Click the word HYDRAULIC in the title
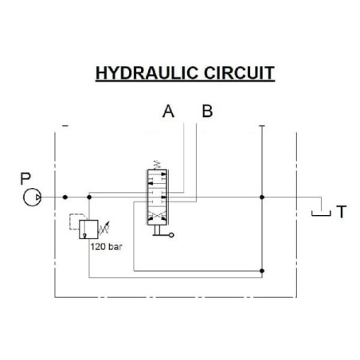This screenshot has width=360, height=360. tap(147, 73)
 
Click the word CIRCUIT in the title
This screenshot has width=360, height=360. tap(239, 73)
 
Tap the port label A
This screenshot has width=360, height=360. tap(168, 112)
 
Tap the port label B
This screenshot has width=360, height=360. tap(207, 111)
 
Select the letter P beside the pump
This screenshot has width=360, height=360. tap(25, 178)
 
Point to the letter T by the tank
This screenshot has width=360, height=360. tap(342, 212)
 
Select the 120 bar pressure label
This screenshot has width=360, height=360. tap(106, 247)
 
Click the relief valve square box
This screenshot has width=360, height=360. tap(88, 229)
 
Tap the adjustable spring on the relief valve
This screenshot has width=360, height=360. tap(104, 229)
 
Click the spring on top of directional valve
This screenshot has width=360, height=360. tap(157, 165)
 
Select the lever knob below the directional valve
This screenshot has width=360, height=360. tap(171, 235)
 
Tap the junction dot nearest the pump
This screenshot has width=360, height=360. tap(65, 198)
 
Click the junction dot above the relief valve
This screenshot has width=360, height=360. tap(89, 198)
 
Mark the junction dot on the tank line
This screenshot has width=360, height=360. tap(262, 198)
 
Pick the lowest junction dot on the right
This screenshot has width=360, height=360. tap(262, 271)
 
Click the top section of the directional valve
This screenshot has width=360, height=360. tap(157, 178)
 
